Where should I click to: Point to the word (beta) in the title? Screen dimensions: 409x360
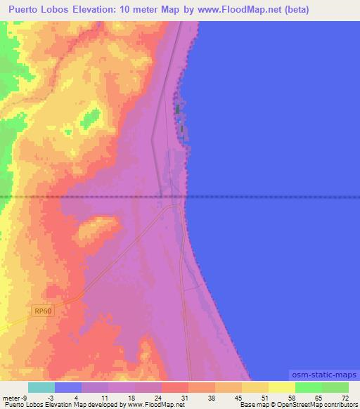tap(293, 10)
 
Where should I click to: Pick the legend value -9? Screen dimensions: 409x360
tap(24, 397)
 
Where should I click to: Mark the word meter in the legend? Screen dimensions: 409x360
tap(11, 397)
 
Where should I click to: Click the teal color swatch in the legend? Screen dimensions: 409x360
tap(41, 387)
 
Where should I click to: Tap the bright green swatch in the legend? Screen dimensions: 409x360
tap(309, 387)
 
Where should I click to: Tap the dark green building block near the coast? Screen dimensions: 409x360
tap(177, 110)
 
